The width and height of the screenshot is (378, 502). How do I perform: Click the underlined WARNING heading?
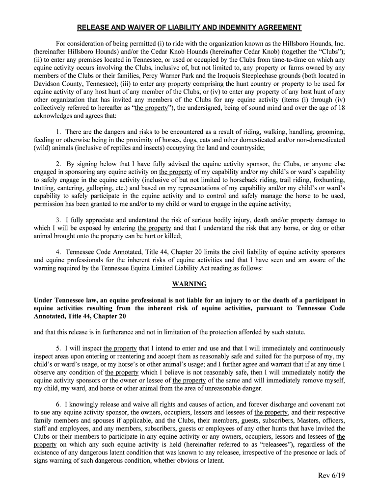click(189, 284)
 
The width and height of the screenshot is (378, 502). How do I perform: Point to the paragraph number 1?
click(58, 132)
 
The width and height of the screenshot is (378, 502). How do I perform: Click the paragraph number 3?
click(58, 220)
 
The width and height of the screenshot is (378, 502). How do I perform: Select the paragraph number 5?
click(58, 349)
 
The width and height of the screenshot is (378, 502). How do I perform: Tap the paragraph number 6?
click(58, 404)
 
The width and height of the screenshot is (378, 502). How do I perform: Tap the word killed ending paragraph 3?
click(167, 236)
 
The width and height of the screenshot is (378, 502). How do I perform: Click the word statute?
click(294, 332)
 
